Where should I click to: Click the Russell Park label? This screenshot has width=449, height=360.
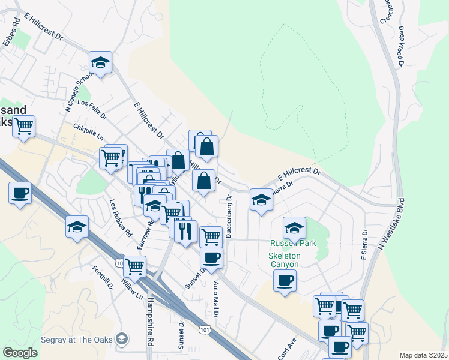point(293,244)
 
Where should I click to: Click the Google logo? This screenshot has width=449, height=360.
point(20,353)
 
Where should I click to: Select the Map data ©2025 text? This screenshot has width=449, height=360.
point(423,355)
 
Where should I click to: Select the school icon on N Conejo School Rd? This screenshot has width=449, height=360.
point(101,62)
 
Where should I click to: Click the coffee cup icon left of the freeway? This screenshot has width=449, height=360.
point(20,193)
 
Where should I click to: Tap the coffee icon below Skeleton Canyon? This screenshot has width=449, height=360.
point(285,280)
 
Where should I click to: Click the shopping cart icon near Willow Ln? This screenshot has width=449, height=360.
point(134,266)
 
